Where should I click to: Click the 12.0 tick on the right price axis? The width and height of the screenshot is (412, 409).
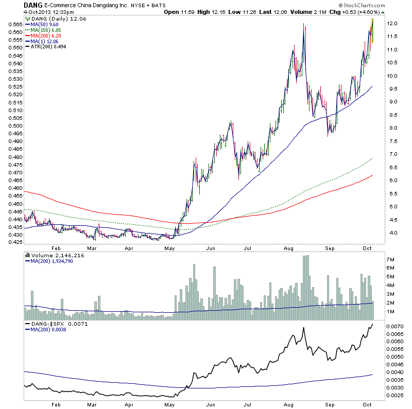point(393,24)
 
